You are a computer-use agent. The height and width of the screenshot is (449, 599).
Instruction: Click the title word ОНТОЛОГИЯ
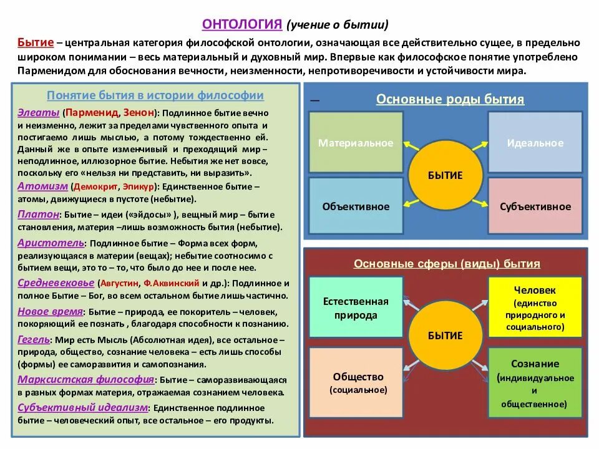click(x=243, y=24)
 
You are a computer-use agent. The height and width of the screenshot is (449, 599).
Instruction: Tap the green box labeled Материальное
click(x=356, y=143)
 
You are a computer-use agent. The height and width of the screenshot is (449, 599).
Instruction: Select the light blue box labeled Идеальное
click(x=535, y=143)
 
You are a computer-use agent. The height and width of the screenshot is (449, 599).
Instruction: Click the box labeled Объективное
click(x=356, y=206)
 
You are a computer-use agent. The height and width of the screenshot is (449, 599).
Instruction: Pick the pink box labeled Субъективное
click(x=535, y=206)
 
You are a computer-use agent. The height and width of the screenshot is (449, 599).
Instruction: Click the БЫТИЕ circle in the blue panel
click(x=446, y=175)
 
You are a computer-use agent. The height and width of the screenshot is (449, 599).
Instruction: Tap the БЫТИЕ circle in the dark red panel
click(x=446, y=336)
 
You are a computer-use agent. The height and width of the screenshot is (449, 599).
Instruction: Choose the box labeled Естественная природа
click(x=356, y=308)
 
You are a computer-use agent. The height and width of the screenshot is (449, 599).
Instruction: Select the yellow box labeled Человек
click(x=535, y=307)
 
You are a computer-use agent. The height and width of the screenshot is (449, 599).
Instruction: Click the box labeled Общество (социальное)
click(x=358, y=382)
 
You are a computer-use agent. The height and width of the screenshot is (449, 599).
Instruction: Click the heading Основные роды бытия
click(x=450, y=100)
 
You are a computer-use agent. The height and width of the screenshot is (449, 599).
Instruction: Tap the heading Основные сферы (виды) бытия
click(x=447, y=264)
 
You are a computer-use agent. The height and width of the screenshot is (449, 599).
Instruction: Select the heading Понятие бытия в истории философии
click(x=155, y=95)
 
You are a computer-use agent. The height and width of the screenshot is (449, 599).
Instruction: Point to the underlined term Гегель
click(x=34, y=340)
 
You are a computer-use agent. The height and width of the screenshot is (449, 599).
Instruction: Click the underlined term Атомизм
click(x=42, y=186)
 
